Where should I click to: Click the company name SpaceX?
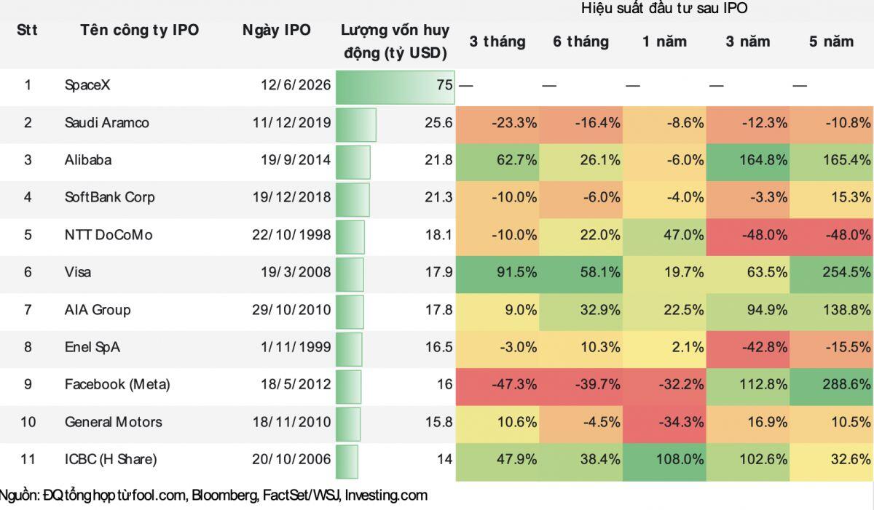pyautogui.click(x=87, y=85)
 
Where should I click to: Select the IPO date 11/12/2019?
pyautogui.click(x=292, y=123)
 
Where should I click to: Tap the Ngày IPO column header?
pyautogui.click(x=277, y=30)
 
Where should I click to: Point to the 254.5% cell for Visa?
pyautogui.click(x=832, y=272)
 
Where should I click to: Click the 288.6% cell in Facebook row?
pyautogui.click(x=832, y=384)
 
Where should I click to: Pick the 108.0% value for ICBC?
pyautogui.click(x=664, y=459)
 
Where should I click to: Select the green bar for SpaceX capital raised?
pyautogui.click(x=395, y=87)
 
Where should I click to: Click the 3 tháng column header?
pyautogui.click(x=497, y=41)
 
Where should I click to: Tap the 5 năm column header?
pyautogui.click(x=832, y=41)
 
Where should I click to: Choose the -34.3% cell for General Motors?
pyautogui.click(x=664, y=422)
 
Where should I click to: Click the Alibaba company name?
pyautogui.click(x=88, y=160)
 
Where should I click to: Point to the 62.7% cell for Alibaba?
pyautogui.click(x=497, y=160)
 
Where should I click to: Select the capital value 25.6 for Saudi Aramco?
pyautogui.click(x=438, y=123)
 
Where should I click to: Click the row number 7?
pyautogui.click(x=28, y=310)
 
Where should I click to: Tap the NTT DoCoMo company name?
pyautogui.click(x=109, y=235)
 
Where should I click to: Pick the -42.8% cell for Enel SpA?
pyautogui.click(x=748, y=347)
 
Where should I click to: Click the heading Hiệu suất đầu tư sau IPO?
pyautogui.click(x=664, y=8)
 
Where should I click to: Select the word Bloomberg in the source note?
pyautogui.click(x=225, y=495)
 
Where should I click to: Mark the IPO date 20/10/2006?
pyautogui.click(x=291, y=459)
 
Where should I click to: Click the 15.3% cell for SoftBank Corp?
pyautogui.click(x=832, y=197)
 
